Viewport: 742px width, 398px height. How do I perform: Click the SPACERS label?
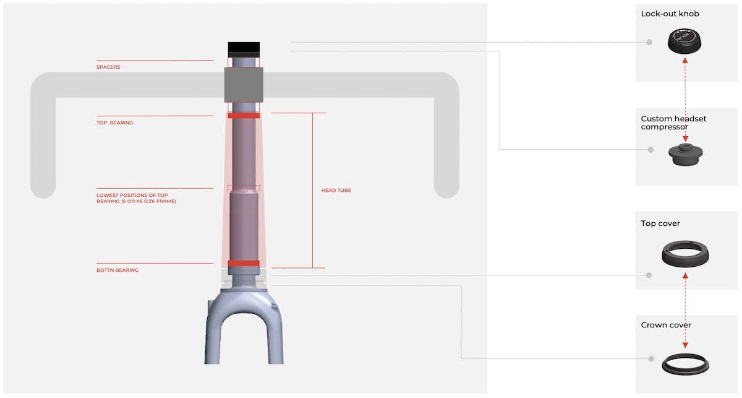pyautogui.click(x=108, y=67)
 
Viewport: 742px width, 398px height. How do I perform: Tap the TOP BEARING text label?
pyautogui.click(x=114, y=123)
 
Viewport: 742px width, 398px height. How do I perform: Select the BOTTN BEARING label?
pyautogui.click(x=117, y=270)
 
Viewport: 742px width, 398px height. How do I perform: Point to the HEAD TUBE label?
pyautogui.click(x=336, y=191)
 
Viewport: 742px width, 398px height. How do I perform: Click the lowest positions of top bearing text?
pyautogui.click(x=136, y=198)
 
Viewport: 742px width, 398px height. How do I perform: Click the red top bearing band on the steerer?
pyautogui.click(x=244, y=115)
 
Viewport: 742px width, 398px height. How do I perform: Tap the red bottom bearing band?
pyautogui.click(x=244, y=263)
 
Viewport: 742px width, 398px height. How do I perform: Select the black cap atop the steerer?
pyautogui.click(x=244, y=50)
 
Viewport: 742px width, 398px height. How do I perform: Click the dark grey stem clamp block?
pyautogui.click(x=244, y=85)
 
